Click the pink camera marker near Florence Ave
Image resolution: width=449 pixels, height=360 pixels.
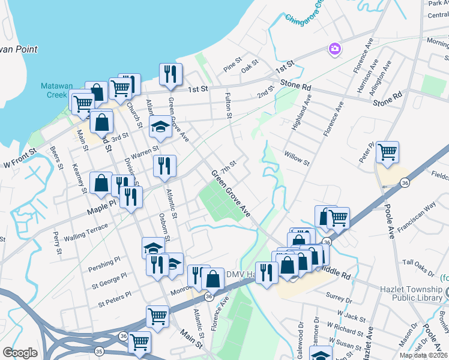tap(334, 48)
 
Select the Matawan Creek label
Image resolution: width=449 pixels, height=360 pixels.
tap(55, 91)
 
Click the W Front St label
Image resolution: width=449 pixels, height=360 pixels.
tap(16, 163)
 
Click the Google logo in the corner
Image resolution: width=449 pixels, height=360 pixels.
tap(20, 353)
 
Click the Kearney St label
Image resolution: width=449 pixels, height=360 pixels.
tap(80, 178)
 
